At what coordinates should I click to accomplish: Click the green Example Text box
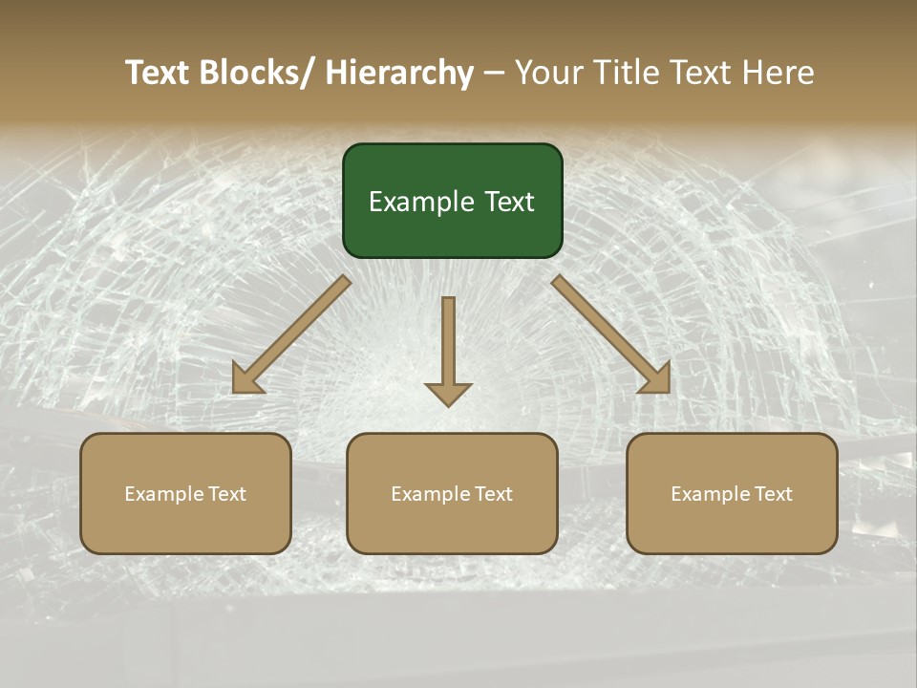pos(452,201)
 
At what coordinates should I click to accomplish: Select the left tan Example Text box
pos(185,493)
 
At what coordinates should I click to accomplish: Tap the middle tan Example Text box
pos(452,493)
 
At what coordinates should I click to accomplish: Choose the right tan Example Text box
pos(732,493)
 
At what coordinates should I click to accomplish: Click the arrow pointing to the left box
pos(291,334)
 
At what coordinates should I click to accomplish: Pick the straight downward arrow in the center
pos(448,349)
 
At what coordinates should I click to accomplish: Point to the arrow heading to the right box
pos(611,334)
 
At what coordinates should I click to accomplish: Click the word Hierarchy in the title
pos(399,73)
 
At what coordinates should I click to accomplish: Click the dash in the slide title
pos(493,73)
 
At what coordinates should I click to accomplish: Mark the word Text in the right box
pos(774,494)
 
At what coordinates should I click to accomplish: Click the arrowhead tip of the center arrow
pos(448,404)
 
